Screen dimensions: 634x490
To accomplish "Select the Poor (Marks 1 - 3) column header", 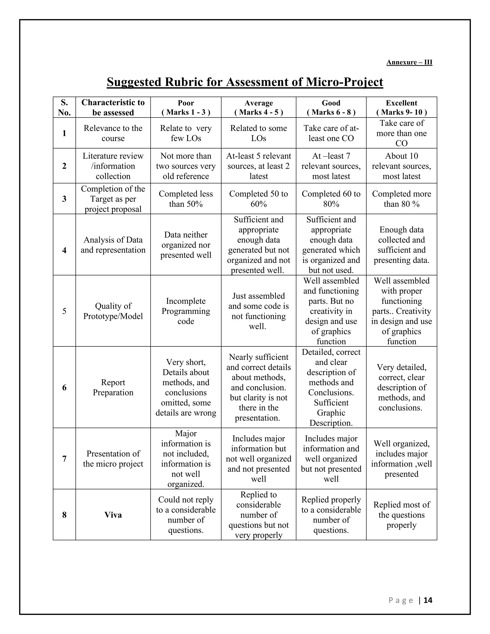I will click(x=186, y=107).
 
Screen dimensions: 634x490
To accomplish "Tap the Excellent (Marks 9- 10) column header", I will click(x=401, y=107).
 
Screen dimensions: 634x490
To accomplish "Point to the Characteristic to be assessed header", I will click(x=113, y=107).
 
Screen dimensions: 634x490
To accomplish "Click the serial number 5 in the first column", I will click(x=64, y=311).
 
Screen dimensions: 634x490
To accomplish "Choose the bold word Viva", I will click(x=113, y=515).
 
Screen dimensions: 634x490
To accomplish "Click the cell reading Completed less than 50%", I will click(x=186, y=199).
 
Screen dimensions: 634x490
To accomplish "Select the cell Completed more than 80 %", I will click(x=401, y=199).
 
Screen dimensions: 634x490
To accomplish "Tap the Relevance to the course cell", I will click(x=113, y=133).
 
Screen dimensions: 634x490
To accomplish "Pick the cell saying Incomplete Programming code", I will click(x=186, y=311).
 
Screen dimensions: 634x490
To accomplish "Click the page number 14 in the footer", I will click(x=428, y=600).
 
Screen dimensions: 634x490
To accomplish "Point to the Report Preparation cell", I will click(x=113, y=387).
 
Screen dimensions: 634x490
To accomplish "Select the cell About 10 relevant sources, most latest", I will click(x=401, y=166).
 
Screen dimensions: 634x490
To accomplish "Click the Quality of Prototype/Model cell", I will click(x=113, y=311).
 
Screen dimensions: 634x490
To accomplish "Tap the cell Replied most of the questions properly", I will click(x=401, y=515).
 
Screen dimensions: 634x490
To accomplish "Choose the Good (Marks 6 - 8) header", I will click(x=331, y=107).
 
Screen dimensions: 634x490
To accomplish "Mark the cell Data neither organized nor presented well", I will click(x=186, y=245).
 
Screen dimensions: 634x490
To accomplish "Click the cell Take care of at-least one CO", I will click(x=331, y=133).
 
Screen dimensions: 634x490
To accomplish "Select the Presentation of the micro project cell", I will click(x=113, y=459).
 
